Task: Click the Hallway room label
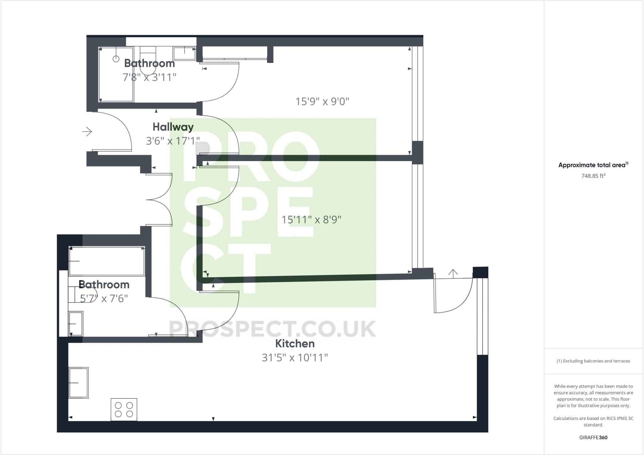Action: (173, 127)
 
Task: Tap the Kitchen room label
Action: (295, 344)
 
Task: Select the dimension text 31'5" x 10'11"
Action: (295, 358)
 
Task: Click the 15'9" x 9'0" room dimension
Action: (322, 102)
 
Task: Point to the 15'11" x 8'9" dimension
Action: (311, 219)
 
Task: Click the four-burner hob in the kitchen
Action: (124, 409)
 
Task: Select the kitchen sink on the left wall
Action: (79, 382)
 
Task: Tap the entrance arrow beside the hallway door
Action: (87, 131)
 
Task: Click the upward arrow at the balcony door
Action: (453, 273)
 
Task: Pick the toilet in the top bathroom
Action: (147, 60)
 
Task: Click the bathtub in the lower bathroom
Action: (107, 261)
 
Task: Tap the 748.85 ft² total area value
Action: (593, 176)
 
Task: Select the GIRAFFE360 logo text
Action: (593, 437)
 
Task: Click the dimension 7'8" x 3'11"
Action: (149, 77)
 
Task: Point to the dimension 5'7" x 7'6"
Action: (104, 298)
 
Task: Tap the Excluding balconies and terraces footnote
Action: (593, 361)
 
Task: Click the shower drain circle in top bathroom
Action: (116, 59)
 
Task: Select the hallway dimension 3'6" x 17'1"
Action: (173, 141)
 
